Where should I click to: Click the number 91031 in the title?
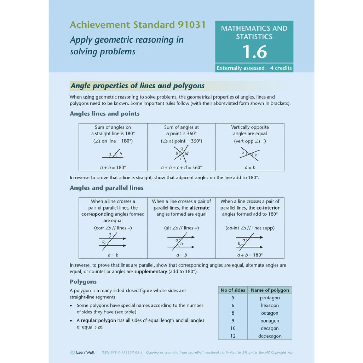[191, 25]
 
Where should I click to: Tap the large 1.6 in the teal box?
[254, 52]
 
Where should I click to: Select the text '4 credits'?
[281, 68]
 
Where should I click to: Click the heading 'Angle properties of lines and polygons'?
[137, 86]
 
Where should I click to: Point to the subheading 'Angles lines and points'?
[104, 114]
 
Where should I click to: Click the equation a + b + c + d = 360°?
[181, 167]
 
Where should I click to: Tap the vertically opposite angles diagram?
[250, 155]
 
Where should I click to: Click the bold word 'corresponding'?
[97, 214]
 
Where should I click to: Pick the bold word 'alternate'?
[199, 208]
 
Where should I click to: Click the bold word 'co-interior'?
[268, 208]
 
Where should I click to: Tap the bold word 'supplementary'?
[151, 271]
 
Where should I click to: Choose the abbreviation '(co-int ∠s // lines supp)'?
[250, 228]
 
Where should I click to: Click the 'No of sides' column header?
[233, 290]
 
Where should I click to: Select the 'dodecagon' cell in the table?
[270, 336]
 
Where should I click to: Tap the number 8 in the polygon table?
[233, 313]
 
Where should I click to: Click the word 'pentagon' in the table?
[270, 298]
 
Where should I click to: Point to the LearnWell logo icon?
[72, 352]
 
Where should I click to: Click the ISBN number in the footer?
[122, 352]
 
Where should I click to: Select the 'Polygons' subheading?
[83, 282]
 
